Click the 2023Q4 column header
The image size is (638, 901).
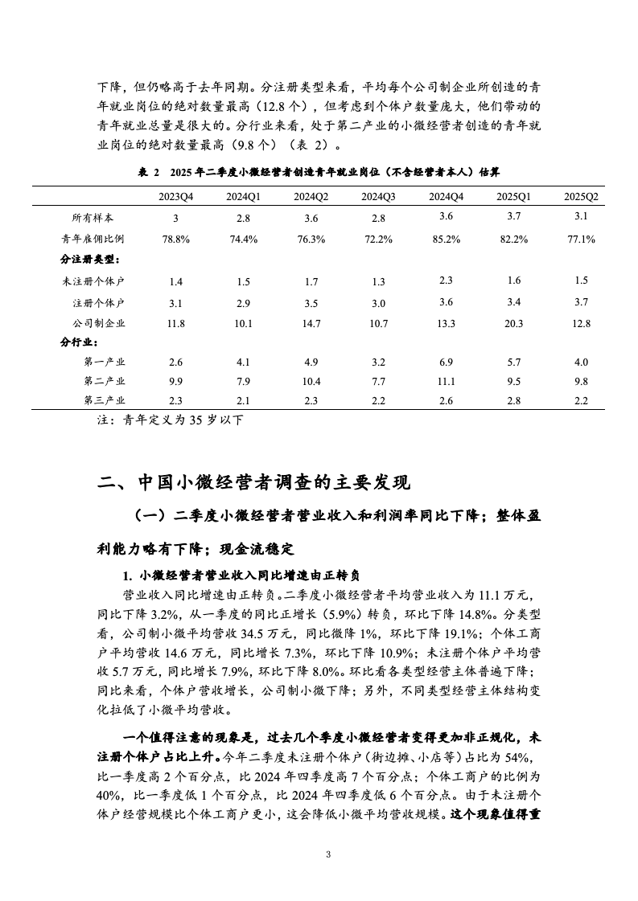coord(175,196)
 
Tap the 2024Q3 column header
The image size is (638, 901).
coord(378,196)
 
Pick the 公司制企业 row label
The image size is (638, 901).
coord(99,323)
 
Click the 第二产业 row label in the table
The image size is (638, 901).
coord(104,381)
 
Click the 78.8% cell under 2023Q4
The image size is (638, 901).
coord(175,239)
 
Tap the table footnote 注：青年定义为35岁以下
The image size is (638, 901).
coord(169,420)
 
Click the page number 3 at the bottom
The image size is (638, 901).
coord(328,854)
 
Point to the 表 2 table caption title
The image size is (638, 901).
coord(319,171)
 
